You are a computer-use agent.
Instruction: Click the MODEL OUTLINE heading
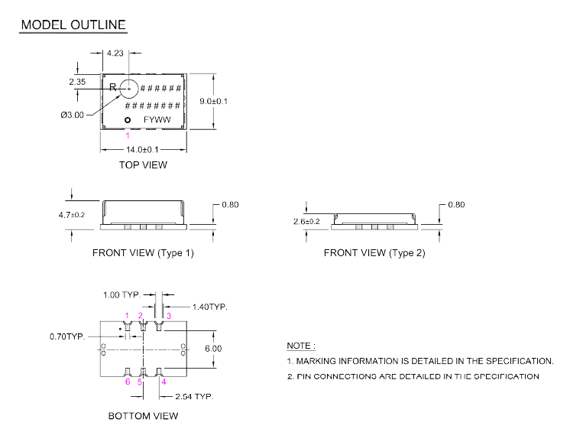pyautogui.click(x=73, y=25)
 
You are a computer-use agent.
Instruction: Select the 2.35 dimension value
pyautogui.click(x=77, y=81)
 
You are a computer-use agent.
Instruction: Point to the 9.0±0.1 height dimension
pyautogui.click(x=213, y=102)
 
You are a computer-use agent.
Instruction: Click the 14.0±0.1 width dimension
pyautogui.click(x=143, y=149)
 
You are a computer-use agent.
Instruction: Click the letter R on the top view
pyautogui.click(x=113, y=88)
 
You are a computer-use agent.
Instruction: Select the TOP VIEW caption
pyautogui.click(x=143, y=164)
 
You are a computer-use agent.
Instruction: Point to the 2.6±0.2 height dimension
pyautogui.click(x=307, y=221)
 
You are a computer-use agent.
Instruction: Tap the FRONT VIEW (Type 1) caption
pyautogui.click(x=143, y=252)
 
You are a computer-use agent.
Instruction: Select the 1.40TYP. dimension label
pyautogui.click(x=209, y=307)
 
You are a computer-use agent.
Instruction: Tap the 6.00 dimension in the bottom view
pyautogui.click(x=212, y=349)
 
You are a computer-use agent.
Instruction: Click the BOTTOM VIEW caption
pyautogui.click(x=143, y=416)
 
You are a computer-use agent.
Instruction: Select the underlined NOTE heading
pyautogui.click(x=301, y=346)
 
